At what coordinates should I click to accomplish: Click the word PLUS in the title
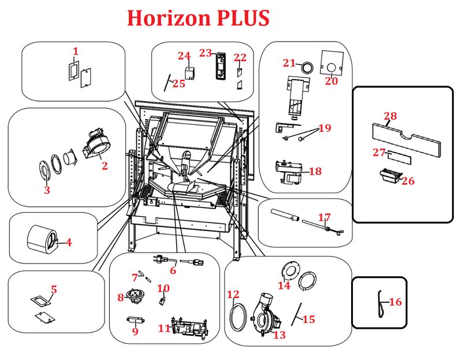tap(243, 18)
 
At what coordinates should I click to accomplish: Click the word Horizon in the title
tap(169, 18)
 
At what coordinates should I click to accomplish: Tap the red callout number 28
tap(390, 116)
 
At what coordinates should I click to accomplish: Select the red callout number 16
tap(395, 302)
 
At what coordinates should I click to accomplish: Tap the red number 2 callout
tap(105, 166)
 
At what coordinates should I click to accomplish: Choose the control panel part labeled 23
tap(220, 66)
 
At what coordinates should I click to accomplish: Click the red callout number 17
tap(325, 218)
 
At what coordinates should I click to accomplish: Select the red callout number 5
tap(54, 289)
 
